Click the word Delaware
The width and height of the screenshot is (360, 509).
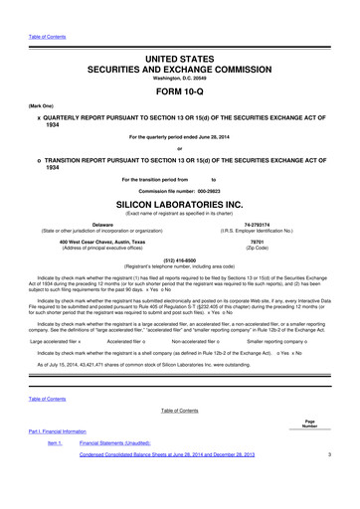(94, 226)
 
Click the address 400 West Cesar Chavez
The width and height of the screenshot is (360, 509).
(94, 242)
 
